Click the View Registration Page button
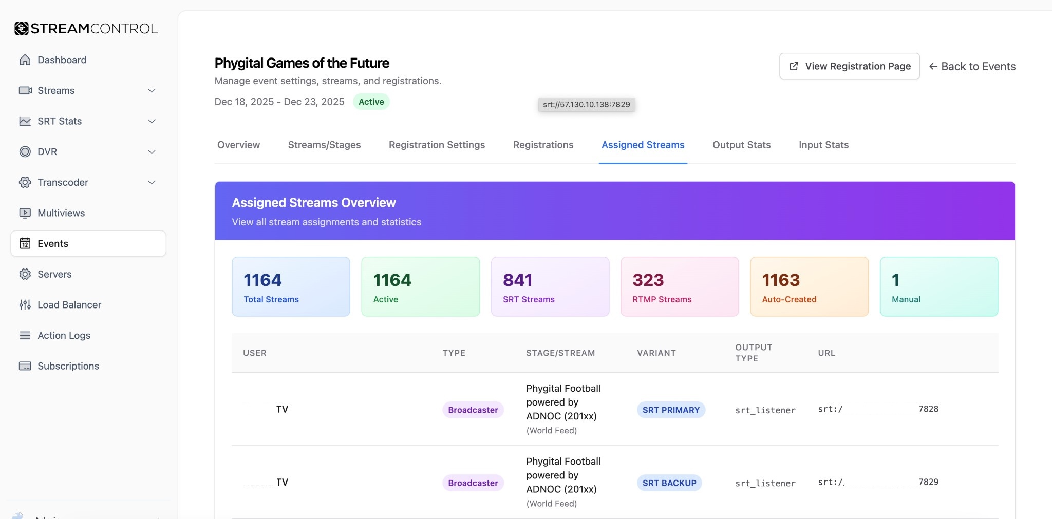(x=849, y=66)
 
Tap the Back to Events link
(x=972, y=67)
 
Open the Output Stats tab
(x=741, y=145)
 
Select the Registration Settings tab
(x=437, y=145)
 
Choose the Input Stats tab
(x=823, y=145)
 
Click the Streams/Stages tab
(x=324, y=145)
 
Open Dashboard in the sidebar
(x=62, y=60)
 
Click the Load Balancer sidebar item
(x=69, y=305)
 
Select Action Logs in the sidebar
(x=64, y=335)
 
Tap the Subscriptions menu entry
(x=68, y=366)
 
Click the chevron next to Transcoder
(x=152, y=183)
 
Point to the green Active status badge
(x=371, y=102)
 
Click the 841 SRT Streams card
(x=550, y=286)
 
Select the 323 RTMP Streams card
(x=679, y=286)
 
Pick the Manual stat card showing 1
(x=938, y=286)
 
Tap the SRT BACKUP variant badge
(x=669, y=483)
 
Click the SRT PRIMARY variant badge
(x=670, y=410)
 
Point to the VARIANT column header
(x=656, y=353)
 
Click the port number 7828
(x=928, y=409)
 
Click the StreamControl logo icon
(x=22, y=29)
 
